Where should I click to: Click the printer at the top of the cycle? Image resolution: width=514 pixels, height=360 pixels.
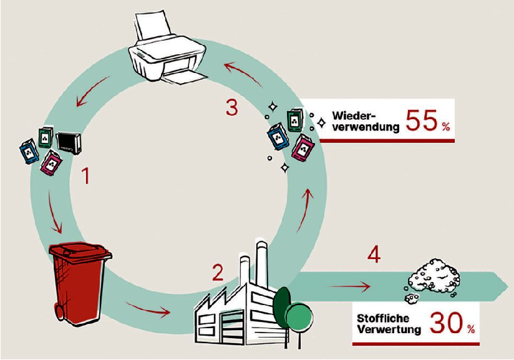click(167, 49)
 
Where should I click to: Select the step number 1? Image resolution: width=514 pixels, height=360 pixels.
click(86, 175)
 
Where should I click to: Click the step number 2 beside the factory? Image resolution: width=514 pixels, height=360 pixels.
click(218, 273)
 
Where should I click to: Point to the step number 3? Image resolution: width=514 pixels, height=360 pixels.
click(232, 107)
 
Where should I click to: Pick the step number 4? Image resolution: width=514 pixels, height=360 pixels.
click(374, 255)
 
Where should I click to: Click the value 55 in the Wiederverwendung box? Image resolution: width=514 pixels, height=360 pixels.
click(422, 120)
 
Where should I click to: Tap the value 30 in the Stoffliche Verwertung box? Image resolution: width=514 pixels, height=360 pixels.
click(446, 323)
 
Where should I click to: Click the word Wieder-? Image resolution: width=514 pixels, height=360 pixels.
click(353, 116)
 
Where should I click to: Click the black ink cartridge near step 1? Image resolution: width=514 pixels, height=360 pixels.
click(69, 143)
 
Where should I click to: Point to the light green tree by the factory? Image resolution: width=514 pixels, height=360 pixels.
click(299, 317)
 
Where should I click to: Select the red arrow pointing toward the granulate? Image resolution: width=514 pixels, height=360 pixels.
click(349, 286)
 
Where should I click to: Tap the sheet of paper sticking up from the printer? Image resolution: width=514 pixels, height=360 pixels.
click(153, 26)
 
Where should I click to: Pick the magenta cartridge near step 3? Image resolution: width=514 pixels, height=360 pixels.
click(303, 148)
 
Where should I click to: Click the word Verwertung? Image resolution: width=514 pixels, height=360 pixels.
click(389, 329)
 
